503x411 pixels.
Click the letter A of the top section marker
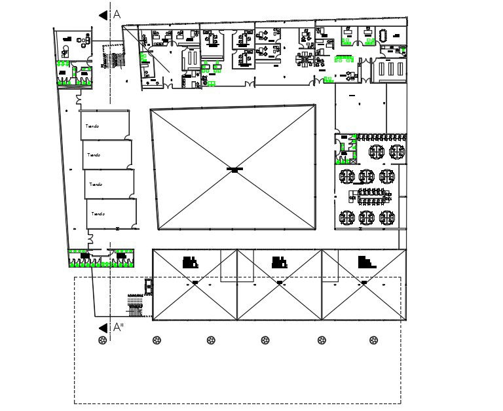pyautogui.click(x=117, y=14)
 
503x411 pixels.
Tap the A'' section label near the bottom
pyautogui.click(x=118, y=327)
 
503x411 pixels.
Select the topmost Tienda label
pyautogui.click(x=92, y=126)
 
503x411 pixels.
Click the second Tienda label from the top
pyautogui.click(x=94, y=155)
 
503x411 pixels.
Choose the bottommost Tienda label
pyautogui.click(x=98, y=214)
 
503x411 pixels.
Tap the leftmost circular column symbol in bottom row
pyautogui.click(x=102, y=340)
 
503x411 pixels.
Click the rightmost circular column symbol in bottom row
pyautogui.click(x=373, y=340)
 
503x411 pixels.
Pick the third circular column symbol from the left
pyautogui.click(x=211, y=340)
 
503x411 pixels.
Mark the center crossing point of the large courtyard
pyautogui.click(x=234, y=170)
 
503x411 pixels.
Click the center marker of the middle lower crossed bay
pyautogui.click(x=280, y=283)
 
